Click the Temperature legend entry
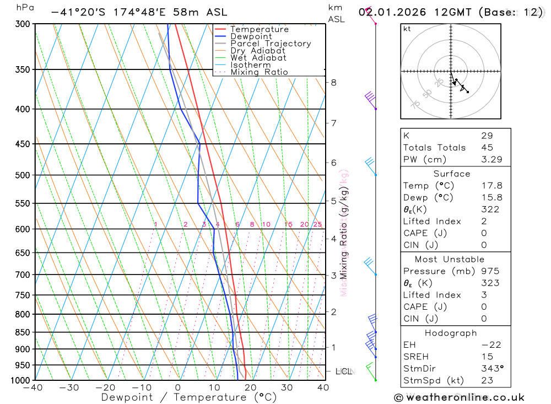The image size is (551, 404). click(259, 29)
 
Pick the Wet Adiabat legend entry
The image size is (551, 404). click(258, 58)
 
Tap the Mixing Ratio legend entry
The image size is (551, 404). click(259, 72)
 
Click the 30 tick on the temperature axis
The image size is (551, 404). click(287, 387)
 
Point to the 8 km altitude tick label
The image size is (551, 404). click(333, 83)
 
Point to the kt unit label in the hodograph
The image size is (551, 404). click(407, 29)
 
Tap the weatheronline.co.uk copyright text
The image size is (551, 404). click(459, 397)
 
